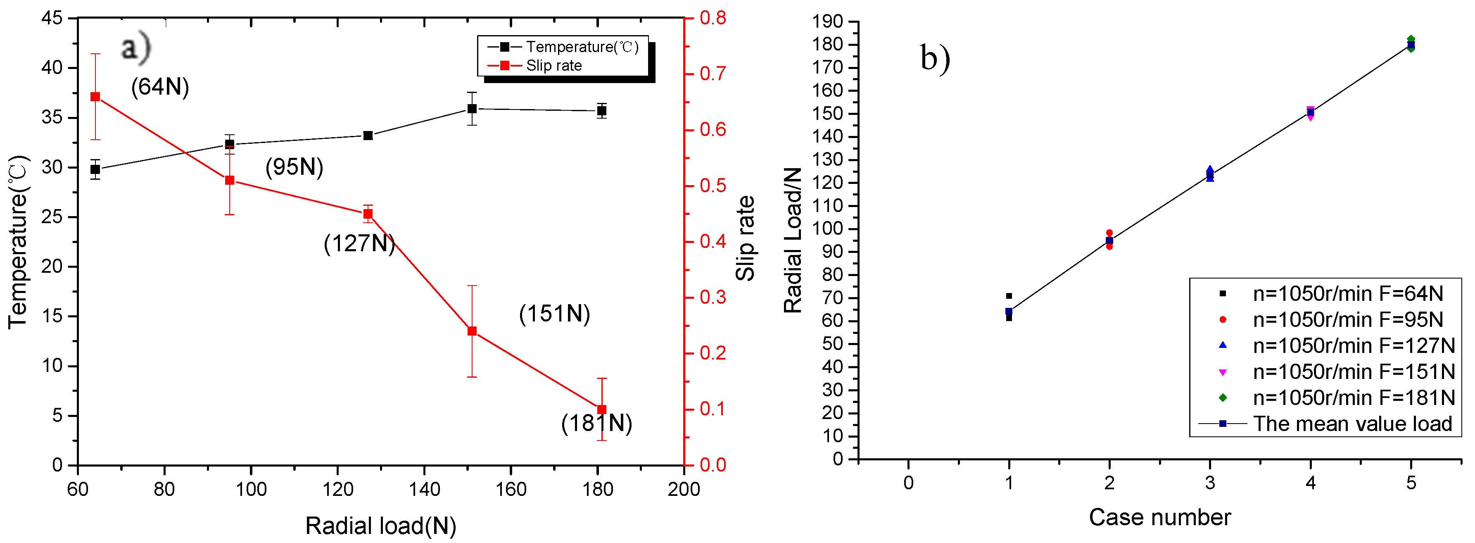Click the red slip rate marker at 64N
click(95, 97)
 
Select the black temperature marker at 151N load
click(472, 108)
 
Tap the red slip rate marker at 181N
click(601, 410)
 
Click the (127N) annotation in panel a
click(359, 243)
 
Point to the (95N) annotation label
click(295, 167)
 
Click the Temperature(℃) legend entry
click(582, 47)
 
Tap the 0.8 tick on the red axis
click(713, 18)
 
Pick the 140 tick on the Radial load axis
click(424, 489)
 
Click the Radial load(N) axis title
click(381, 525)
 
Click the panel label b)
click(934, 58)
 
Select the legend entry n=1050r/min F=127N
click(1354, 345)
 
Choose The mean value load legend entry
click(1352, 424)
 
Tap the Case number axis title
click(1159, 517)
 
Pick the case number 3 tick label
click(1210, 483)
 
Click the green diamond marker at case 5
click(1411, 40)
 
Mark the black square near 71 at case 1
click(1009, 296)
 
